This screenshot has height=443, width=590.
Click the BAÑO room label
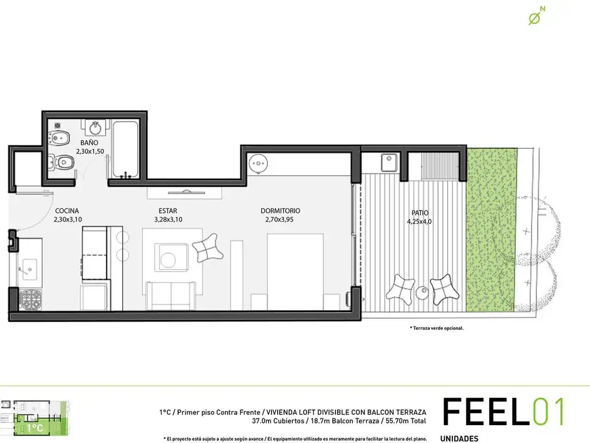pyautogui.click(x=89, y=143)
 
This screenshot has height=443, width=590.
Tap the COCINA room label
pyautogui.click(x=67, y=211)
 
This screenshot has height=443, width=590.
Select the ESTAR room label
pyautogui.click(x=168, y=211)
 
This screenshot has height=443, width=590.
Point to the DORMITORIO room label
pyautogui.click(x=281, y=211)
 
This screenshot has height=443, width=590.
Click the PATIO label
pyautogui.click(x=420, y=213)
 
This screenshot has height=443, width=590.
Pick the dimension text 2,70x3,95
pyautogui.click(x=279, y=220)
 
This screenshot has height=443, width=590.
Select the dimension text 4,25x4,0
pyautogui.click(x=419, y=221)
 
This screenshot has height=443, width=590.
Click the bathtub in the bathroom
pyautogui.click(x=125, y=149)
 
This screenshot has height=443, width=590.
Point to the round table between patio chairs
pyautogui.click(x=422, y=292)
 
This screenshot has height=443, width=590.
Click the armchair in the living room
pyautogui.click(x=207, y=247)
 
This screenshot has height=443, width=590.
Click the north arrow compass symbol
pyautogui.click(x=536, y=16)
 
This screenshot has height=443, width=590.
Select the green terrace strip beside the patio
pyautogui.click(x=491, y=230)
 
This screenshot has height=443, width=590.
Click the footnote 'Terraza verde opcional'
pyautogui.click(x=437, y=328)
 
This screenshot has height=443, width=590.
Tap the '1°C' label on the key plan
pyautogui.click(x=35, y=428)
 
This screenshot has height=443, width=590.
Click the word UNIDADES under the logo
pyautogui.click(x=459, y=438)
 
